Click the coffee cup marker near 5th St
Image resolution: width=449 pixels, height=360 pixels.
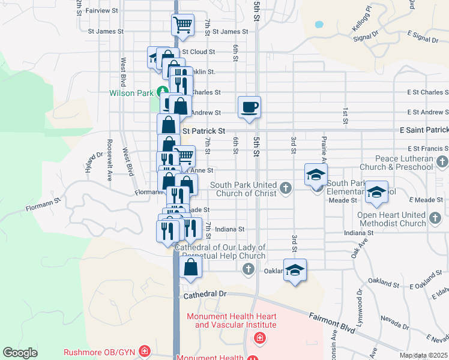pyautogui.click(x=249, y=107)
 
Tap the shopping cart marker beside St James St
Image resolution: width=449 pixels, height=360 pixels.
pyautogui.click(x=182, y=25)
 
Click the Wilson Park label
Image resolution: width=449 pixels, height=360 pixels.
pyautogui.click(x=130, y=93)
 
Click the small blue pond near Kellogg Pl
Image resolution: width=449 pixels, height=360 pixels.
pyautogui.click(x=318, y=25)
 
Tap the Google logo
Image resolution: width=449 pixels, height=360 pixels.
pyautogui.click(x=20, y=353)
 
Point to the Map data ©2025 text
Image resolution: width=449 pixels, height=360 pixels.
pyautogui.click(x=423, y=355)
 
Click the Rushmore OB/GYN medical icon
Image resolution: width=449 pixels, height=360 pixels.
pyautogui.click(x=144, y=350)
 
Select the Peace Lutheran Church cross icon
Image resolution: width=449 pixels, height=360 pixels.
pyautogui.click(x=442, y=161)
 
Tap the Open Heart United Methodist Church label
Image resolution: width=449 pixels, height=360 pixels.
pyautogui.click(x=391, y=219)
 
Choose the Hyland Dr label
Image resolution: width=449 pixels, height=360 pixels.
pyautogui.click(x=94, y=164)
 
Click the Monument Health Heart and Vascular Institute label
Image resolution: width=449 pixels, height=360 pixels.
pyautogui.click(x=232, y=320)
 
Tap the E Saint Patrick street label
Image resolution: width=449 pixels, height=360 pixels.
pyautogui.click(x=424, y=130)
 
